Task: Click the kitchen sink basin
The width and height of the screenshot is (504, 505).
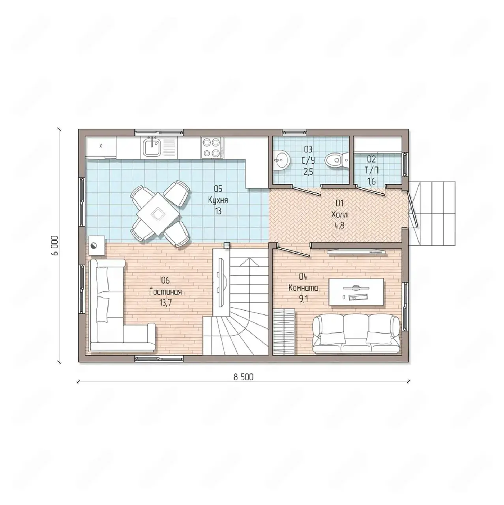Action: click(x=150, y=147)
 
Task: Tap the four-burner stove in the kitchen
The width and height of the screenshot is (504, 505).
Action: click(x=212, y=148)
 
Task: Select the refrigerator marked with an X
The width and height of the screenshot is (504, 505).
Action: click(x=101, y=147)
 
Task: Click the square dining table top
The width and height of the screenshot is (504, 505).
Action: click(x=158, y=213)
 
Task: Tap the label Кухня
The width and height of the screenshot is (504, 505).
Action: click(x=218, y=200)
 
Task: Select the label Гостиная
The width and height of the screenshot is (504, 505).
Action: click(x=165, y=292)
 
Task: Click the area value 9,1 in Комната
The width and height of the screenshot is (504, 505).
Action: click(x=304, y=299)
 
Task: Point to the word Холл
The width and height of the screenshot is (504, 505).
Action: click(x=339, y=215)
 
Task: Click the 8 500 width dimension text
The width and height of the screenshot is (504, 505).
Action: click(x=244, y=377)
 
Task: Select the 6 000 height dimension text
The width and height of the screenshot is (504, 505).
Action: click(x=55, y=245)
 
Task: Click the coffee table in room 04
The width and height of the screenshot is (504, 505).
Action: click(x=356, y=292)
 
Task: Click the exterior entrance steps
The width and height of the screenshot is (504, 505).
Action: click(x=432, y=213)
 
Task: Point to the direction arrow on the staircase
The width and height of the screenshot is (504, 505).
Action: click(x=248, y=262)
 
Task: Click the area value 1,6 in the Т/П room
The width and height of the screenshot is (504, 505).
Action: click(x=371, y=181)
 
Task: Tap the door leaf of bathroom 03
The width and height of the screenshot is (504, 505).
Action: click(x=306, y=191)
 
